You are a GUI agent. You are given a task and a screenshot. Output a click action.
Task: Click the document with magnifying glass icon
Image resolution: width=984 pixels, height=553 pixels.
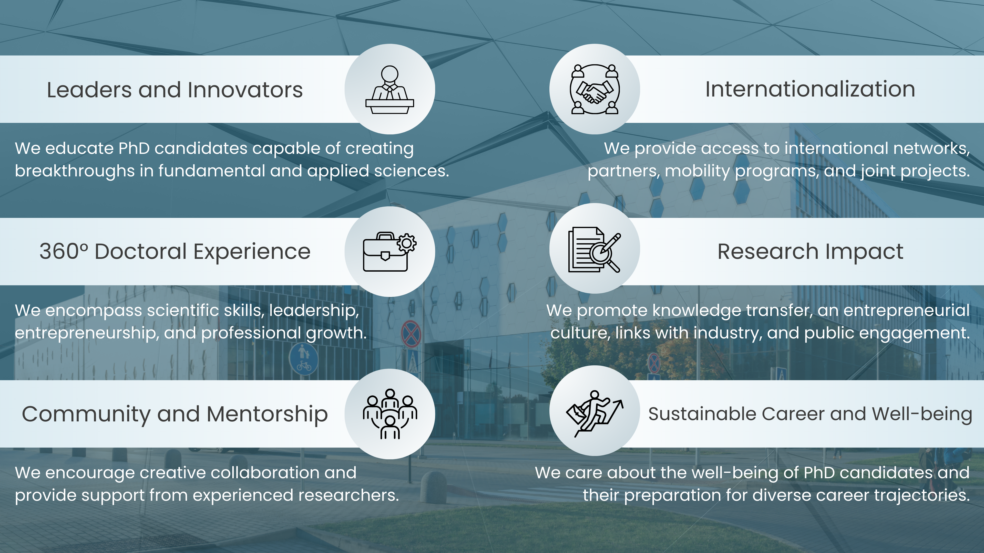click(595, 250)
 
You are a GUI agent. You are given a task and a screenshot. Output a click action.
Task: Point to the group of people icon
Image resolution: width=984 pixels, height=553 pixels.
click(389, 414)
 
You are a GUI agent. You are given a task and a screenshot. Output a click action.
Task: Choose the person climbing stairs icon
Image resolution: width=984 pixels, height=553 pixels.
click(595, 413)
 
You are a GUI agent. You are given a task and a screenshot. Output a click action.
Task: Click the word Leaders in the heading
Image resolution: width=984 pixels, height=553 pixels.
click(90, 90)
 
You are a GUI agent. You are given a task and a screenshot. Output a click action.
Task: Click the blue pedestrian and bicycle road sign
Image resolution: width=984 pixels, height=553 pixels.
click(304, 359)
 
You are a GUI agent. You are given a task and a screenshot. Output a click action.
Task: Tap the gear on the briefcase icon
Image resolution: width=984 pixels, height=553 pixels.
click(407, 243)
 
